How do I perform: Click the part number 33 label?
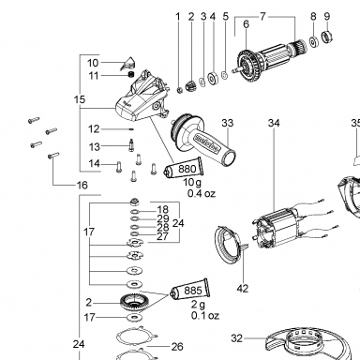coord(228,123)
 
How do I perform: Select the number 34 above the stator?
coord(274,123)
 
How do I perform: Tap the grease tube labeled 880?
coord(184,168)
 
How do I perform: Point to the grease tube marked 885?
coord(189,289)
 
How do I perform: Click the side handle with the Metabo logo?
coord(203,141)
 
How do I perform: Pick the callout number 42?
coord(243,288)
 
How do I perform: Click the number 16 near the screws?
coord(82,186)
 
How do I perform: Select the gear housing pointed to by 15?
coord(142,97)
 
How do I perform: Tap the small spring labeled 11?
coord(131,75)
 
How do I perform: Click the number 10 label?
coord(93,63)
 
